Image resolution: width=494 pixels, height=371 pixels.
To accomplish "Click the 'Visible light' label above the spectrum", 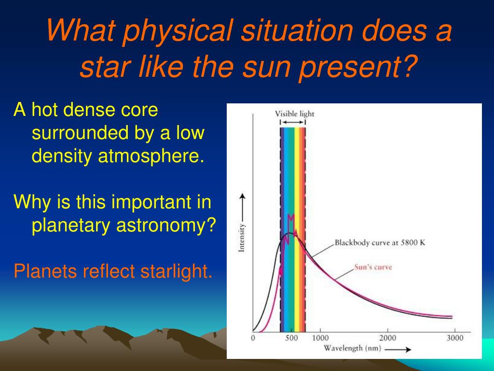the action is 295,114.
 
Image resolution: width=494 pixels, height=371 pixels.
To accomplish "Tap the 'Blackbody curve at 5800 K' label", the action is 380,243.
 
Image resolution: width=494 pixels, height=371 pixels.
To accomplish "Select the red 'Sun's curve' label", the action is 373,267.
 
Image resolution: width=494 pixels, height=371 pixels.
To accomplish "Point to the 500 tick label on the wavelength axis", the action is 291,338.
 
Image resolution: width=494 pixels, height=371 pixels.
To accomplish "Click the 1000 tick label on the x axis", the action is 320,338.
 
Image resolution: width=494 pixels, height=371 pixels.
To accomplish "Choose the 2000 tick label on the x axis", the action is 387,338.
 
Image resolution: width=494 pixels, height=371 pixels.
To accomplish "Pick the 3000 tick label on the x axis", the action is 455,338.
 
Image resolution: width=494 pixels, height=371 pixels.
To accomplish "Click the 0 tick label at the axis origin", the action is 253,338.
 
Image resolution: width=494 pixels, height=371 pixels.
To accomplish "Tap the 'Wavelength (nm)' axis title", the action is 353,348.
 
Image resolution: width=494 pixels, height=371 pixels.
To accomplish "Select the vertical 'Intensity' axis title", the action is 242,238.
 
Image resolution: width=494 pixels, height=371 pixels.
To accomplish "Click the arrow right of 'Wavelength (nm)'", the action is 398,349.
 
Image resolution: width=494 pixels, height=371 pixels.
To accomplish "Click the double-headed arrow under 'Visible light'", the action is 293,122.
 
